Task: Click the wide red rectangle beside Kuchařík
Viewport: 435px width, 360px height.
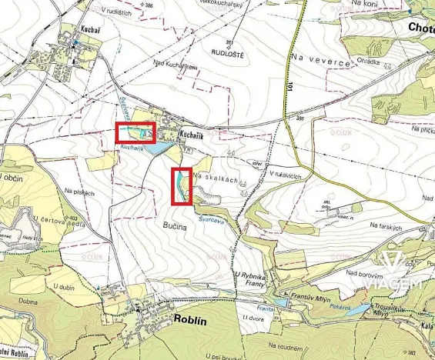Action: tap(136, 133)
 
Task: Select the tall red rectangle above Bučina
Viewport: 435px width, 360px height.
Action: tap(182, 187)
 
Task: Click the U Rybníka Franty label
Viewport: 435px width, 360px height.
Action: tap(248, 278)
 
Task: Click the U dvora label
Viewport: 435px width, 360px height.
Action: tap(253, 318)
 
